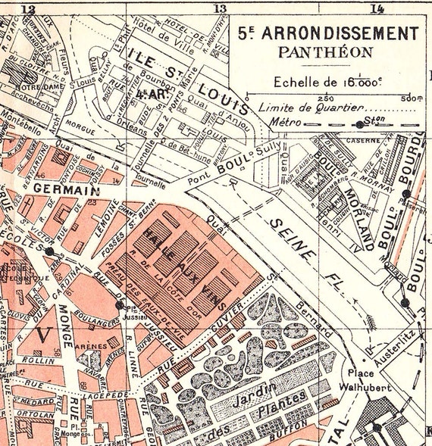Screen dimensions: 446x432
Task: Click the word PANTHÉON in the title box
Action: point(325,53)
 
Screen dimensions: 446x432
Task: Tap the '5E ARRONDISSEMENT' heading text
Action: point(327,33)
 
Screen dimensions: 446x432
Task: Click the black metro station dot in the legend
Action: point(358,123)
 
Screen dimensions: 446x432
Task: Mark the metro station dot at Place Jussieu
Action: point(119,305)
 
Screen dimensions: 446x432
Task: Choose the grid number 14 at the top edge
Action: point(377,8)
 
